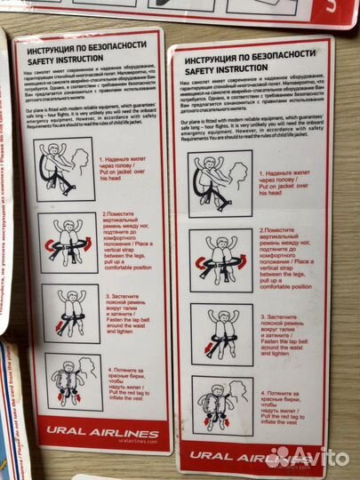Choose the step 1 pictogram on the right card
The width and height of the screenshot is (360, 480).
(220, 182)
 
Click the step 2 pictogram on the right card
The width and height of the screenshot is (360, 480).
(220, 259)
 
